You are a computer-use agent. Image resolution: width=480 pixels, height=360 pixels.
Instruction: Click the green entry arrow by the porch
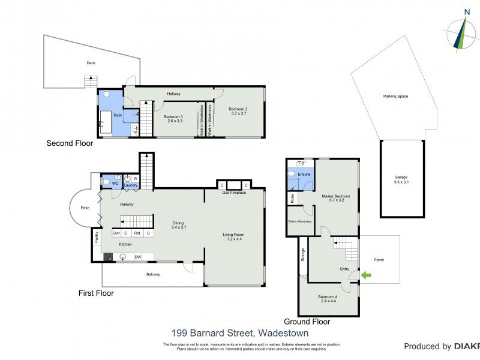tap(366, 275)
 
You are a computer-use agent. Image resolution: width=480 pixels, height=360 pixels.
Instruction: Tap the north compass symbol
tap(461, 32)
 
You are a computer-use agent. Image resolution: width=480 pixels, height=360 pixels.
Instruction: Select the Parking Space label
tap(395, 96)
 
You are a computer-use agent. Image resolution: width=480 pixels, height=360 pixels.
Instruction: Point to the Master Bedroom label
tap(335, 199)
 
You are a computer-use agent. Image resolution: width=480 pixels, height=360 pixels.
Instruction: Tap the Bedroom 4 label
tap(328, 299)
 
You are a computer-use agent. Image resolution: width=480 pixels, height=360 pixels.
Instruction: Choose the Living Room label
tap(234, 236)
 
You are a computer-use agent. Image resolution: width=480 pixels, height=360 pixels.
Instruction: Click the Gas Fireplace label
tap(234, 193)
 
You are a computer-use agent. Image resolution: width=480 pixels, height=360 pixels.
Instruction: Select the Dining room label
tap(179, 224)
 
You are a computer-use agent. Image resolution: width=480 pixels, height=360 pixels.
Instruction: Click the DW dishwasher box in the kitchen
tap(137, 257)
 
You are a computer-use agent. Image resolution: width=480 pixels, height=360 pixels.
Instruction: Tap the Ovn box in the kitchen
tap(116, 233)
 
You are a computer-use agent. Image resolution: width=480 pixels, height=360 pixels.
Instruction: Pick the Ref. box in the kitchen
tap(137, 233)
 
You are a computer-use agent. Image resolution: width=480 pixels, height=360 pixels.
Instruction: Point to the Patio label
tap(85, 209)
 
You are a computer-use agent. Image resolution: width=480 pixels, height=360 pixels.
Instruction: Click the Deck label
tap(91, 63)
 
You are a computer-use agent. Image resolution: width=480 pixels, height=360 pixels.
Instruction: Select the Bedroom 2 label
tap(238, 111)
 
